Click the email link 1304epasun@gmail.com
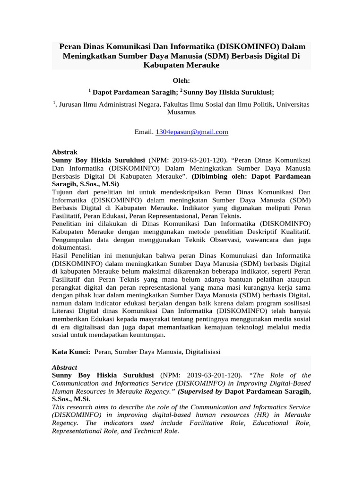tap(192, 132)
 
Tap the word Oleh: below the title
tap(181, 81)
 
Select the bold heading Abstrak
tap(64, 152)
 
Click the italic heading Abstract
tap(64, 367)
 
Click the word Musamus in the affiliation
tap(181, 112)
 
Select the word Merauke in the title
tap(202, 65)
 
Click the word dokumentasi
tap(70, 247)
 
